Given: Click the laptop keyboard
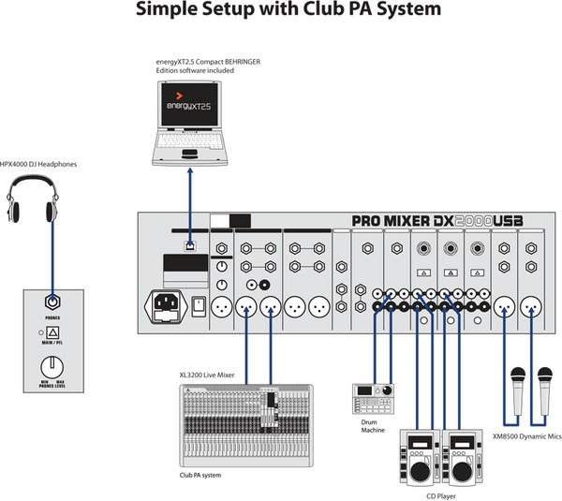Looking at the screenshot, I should coord(191,141).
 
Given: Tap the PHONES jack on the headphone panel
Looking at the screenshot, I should coord(54,303).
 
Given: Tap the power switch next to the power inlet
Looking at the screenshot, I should coord(199,306).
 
